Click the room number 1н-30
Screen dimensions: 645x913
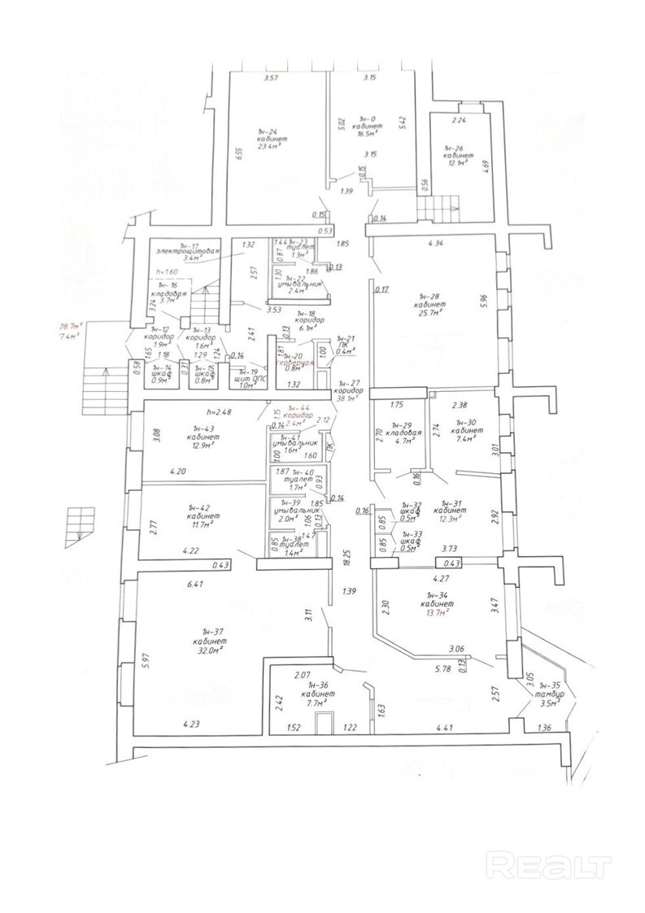coord(464,423)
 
